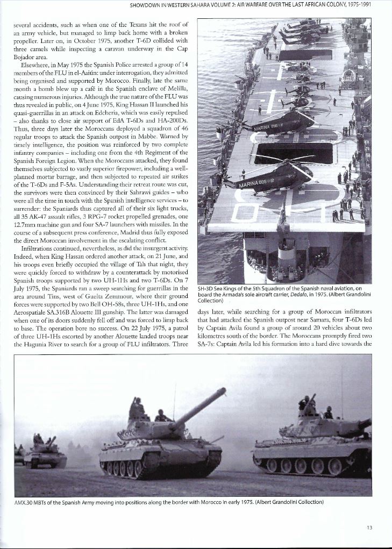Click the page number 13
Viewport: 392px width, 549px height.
tap(369, 527)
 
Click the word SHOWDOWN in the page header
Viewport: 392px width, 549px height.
tap(149, 6)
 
